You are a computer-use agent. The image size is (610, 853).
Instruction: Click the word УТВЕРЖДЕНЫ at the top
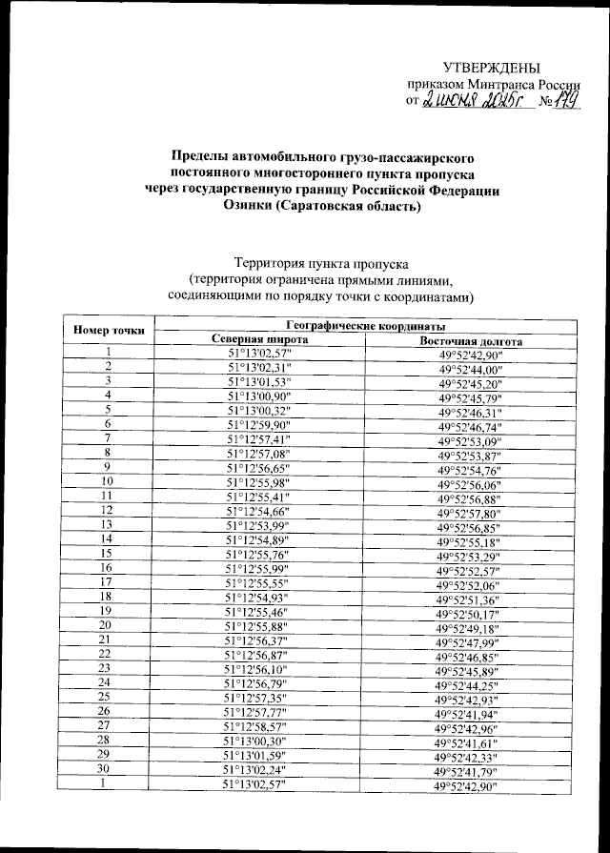coord(491,67)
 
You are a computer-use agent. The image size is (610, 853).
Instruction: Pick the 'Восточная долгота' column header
coord(471,341)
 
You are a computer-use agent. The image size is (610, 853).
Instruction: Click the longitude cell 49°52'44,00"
coord(471,370)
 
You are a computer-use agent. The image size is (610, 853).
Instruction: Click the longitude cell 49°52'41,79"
coord(469,771)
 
